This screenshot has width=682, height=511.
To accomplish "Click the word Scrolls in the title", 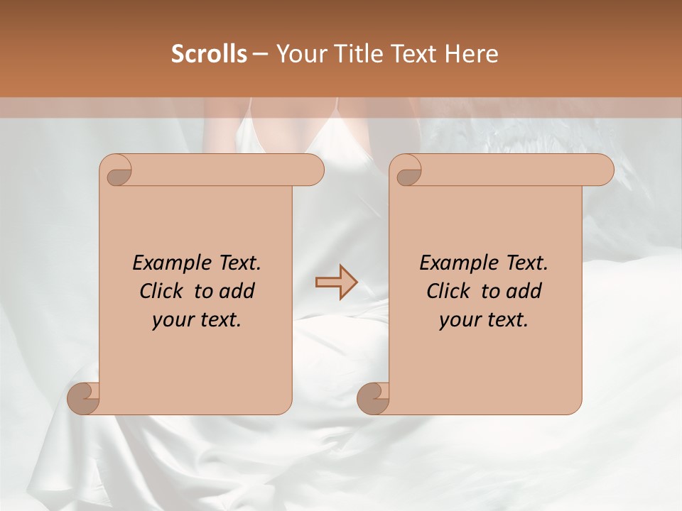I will pyautogui.click(x=210, y=54).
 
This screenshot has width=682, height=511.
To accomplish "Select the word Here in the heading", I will pyautogui.click(x=472, y=54).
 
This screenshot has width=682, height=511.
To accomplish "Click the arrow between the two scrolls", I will pyautogui.click(x=336, y=282).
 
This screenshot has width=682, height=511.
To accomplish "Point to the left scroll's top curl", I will pyautogui.click(x=116, y=170).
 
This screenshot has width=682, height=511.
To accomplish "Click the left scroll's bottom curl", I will pyautogui.click(x=83, y=398).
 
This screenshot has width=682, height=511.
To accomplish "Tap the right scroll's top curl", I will pyautogui.click(x=406, y=170).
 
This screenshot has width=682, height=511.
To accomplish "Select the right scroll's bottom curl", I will pyautogui.click(x=373, y=398).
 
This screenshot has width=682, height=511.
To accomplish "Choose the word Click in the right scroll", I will pyautogui.click(x=448, y=291).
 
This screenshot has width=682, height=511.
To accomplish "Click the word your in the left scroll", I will pyautogui.click(x=172, y=320).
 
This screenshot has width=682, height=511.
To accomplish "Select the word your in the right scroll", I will pyautogui.click(x=459, y=320).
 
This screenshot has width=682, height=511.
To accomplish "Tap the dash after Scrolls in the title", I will pyautogui.click(x=260, y=54).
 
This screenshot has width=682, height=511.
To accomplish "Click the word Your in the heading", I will pyautogui.click(x=301, y=54).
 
